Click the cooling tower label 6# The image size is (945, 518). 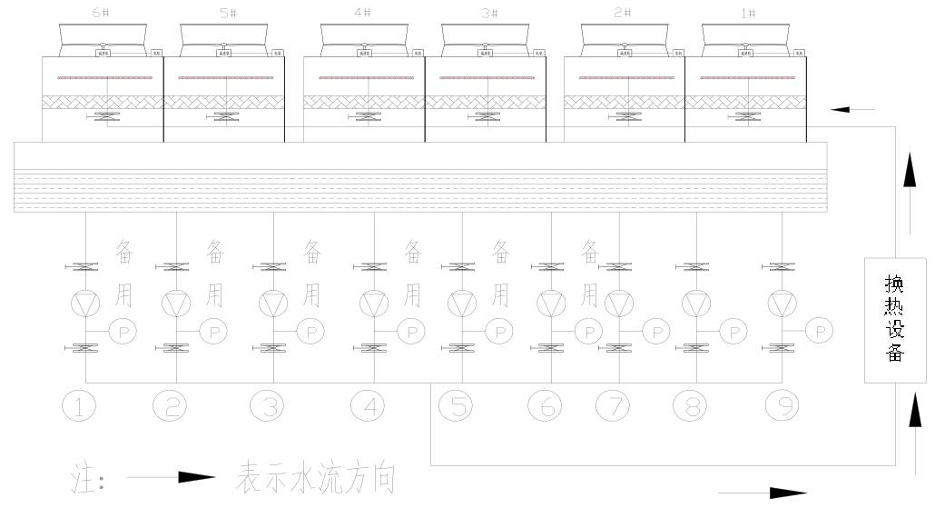tap(103, 14)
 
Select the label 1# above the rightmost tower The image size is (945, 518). tap(749, 14)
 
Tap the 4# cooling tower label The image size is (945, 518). tap(364, 14)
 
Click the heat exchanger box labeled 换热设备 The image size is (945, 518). tap(895, 321)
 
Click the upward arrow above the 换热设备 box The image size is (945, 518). tap(912, 171)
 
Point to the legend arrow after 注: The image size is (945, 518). tap(171, 477)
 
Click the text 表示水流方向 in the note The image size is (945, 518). tap(316, 477)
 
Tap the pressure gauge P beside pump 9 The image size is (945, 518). tap(820, 331)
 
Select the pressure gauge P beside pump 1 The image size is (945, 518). tap(123, 331)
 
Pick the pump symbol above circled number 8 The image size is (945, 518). tap(695, 302)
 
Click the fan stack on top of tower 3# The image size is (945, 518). tap(486, 36)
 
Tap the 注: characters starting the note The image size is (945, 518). tap(88, 477)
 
